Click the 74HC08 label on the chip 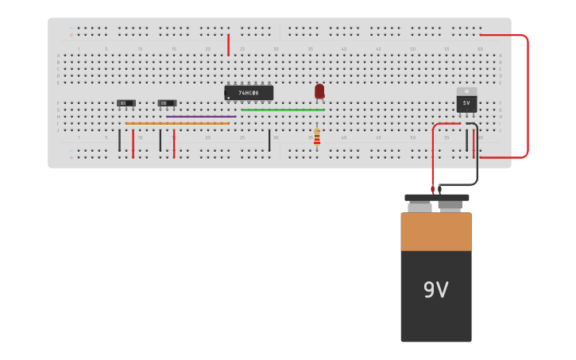[249, 93]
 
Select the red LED [319, 91]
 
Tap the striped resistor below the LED [317, 138]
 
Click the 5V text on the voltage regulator [466, 103]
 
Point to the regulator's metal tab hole [466, 91]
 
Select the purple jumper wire [201, 117]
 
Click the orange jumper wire [177, 124]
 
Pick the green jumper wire [283, 110]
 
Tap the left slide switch [126, 103]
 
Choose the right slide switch [167, 103]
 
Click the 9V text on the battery [435, 290]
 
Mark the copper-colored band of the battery [435, 231]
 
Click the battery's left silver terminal [419, 207]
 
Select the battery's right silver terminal [450, 207]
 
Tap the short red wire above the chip [228, 45]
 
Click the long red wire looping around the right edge [527, 95]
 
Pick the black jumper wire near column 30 [269, 140]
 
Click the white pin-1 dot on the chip [229, 99]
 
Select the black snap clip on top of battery [436, 198]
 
